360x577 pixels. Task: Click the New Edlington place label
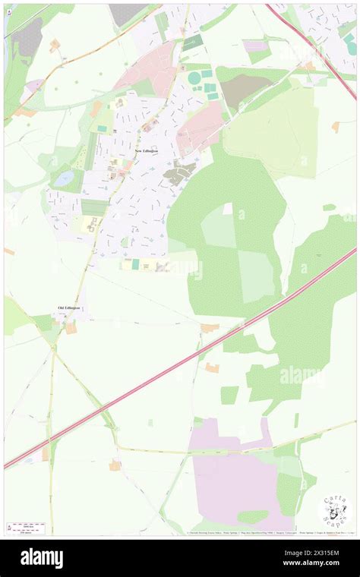coord(147,151)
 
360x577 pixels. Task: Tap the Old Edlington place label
coord(68,307)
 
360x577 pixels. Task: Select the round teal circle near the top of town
coord(194,77)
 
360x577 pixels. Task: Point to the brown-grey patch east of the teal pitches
coord(242,90)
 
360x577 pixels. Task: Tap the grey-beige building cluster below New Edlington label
coord(179,174)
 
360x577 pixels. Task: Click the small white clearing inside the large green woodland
coord(228,208)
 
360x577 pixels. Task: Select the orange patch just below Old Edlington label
coord(71,328)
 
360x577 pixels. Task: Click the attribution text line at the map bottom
coord(251,532)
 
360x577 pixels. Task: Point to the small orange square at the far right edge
coord(336,127)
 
